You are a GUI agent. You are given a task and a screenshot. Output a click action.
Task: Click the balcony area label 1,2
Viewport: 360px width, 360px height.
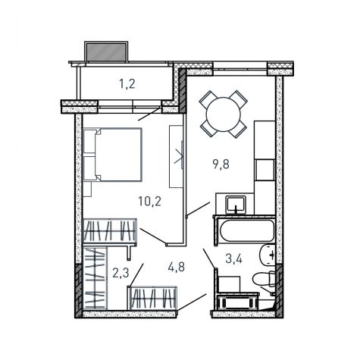point(127,84)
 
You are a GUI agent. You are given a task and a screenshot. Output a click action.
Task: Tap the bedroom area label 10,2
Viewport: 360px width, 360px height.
point(149,202)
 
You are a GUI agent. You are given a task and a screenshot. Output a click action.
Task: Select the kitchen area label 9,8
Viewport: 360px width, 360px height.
point(221,164)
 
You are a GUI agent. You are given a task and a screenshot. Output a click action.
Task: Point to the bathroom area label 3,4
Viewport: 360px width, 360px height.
point(233,258)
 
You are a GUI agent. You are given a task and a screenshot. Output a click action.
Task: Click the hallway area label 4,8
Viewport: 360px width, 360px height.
point(177,267)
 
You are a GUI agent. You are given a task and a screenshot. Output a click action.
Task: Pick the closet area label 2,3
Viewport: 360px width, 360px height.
point(121,273)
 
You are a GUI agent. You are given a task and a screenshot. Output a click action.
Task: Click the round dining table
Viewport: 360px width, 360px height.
point(224,114)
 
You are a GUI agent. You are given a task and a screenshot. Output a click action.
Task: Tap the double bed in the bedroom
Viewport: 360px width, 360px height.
point(113,155)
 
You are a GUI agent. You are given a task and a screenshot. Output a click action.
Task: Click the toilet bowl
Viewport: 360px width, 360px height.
point(264,279)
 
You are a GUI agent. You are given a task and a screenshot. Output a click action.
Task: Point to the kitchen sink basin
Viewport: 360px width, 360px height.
point(236,205)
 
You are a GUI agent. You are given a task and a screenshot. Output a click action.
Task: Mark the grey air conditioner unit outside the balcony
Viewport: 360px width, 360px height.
point(106,52)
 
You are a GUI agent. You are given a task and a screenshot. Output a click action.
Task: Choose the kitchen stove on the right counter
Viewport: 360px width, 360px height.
point(265,170)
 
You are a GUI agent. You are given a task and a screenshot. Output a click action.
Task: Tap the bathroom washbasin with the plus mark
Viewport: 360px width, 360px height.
point(268,255)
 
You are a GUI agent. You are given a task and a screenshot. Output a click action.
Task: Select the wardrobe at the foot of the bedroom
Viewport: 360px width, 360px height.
point(110,231)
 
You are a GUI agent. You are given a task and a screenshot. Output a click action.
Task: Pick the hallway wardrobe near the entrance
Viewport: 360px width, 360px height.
point(153,298)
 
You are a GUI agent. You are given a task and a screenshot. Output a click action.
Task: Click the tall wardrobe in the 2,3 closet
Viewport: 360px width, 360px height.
point(95,277)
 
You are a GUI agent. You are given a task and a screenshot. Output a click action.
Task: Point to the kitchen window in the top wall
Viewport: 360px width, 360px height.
point(240,68)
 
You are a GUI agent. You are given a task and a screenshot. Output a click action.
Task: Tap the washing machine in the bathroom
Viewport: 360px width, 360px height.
point(237,302)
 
